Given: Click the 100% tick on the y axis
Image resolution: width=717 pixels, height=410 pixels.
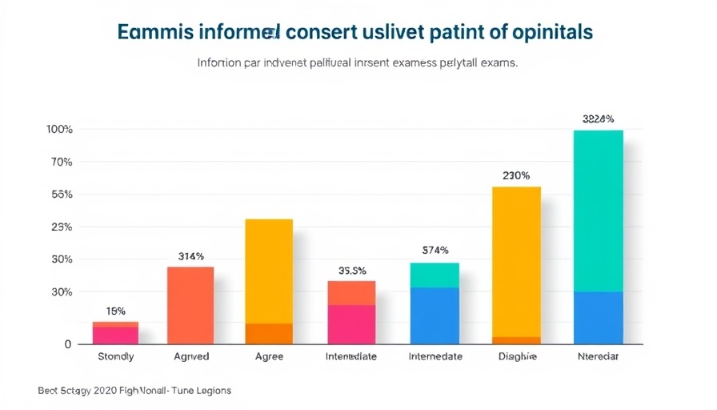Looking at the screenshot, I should [x=60, y=130].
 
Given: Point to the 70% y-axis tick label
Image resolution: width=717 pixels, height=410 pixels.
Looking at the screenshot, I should [x=60, y=163].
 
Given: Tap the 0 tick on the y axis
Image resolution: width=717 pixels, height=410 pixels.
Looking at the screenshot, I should [x=68, y=344].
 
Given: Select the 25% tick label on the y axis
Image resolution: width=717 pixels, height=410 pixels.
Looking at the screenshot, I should [x=60, y=227].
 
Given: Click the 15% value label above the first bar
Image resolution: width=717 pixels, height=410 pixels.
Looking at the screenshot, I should [x=115, y=311].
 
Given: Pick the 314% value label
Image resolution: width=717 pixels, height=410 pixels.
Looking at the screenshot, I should [x=190, y=257].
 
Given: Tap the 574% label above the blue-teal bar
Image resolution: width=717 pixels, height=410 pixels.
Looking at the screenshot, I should [x=435, y=250].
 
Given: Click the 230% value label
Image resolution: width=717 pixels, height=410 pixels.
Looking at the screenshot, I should [x=516, y=175].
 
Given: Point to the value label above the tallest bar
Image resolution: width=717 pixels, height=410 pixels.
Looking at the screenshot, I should [x=598, y=119].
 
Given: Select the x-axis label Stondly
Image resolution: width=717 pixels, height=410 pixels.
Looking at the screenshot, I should [x=115, y=356].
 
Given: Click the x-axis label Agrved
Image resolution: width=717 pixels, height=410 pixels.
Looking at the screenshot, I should [x=190, y=356].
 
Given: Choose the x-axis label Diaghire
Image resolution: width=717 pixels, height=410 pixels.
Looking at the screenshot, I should [x=517, y=356].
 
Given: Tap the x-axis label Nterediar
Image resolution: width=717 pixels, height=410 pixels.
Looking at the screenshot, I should [x=598, y=356].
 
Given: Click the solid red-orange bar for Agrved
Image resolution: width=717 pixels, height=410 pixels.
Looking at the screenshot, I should [x=190, y=305].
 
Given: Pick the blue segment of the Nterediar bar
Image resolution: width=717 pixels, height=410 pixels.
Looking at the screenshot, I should [x=598, y=318].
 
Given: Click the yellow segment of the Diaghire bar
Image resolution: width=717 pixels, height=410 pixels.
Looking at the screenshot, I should [x=516, y=261].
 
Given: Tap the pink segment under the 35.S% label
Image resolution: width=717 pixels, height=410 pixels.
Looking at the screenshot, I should [x=351, y=324].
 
